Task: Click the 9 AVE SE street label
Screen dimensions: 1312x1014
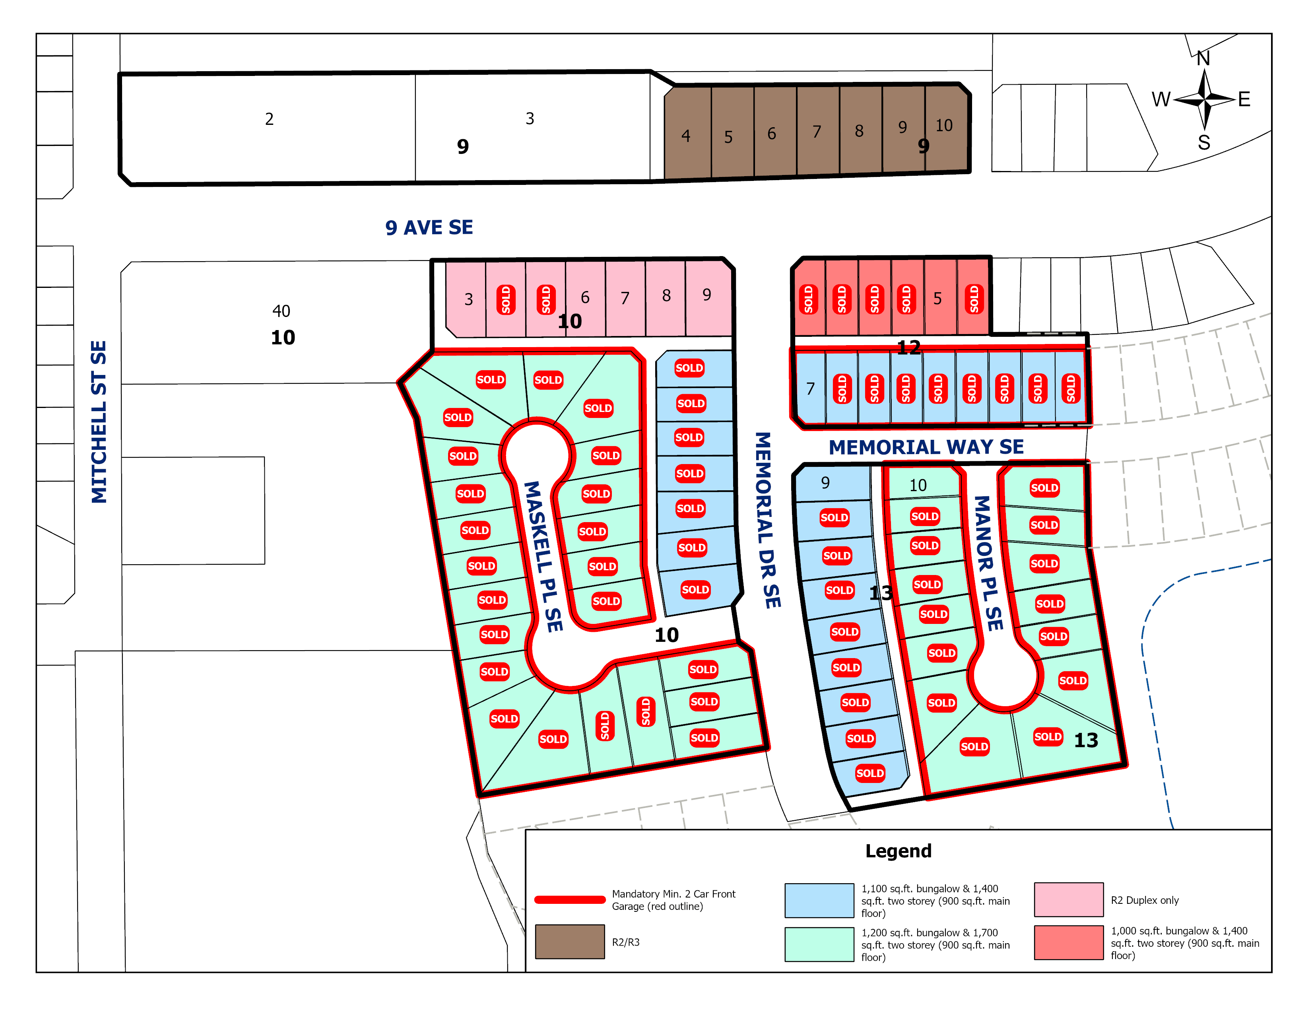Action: point(429,227)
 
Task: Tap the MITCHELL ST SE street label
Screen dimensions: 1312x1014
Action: point(99,422)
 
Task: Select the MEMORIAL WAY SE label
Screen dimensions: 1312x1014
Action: point(926,447)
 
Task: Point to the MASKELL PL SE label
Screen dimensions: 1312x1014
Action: point(543,556)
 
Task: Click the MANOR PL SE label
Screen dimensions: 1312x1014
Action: point(988,563)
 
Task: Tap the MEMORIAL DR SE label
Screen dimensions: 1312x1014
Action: point(767,520)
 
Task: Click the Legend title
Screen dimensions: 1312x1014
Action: point(898,851)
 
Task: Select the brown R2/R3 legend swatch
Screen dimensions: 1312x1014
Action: point(569,941)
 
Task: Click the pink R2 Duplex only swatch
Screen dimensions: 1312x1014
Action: point(1069,899)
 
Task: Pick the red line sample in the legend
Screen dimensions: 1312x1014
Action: point(569,899)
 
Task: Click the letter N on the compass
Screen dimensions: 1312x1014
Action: point(1203,58)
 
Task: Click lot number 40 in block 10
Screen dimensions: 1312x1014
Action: point(281,311)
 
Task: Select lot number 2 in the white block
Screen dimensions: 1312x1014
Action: point(269,119)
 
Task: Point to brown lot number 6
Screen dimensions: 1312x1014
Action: point(771,133)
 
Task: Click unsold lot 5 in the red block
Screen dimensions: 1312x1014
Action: point(937,299)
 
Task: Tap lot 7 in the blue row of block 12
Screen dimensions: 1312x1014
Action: point(810,389)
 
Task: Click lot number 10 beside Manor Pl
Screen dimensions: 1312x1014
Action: point(917,486)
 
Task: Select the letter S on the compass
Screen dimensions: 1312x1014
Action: point(1203,142)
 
